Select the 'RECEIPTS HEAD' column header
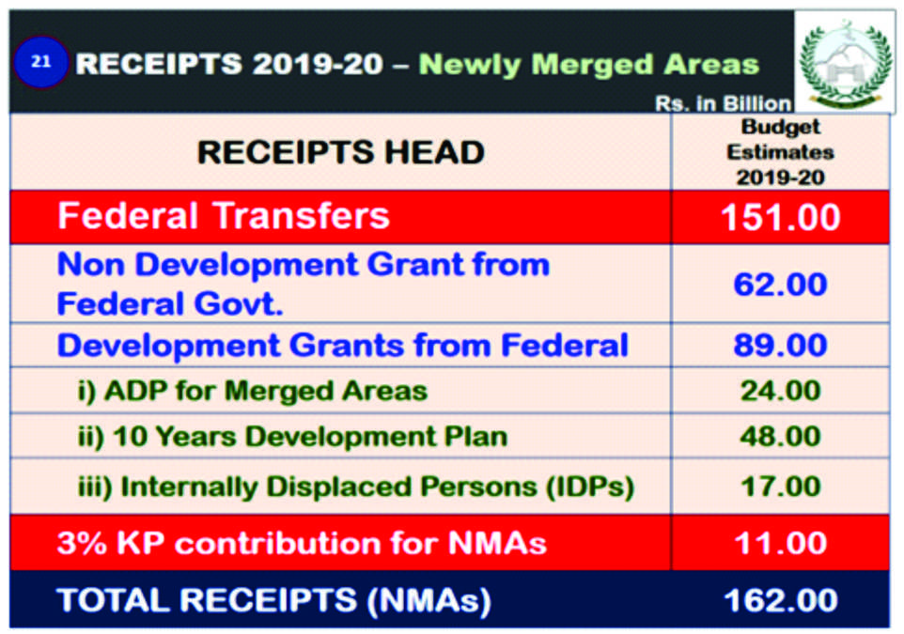coord(340,152)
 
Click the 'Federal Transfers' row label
coord(224,216)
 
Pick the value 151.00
coord(780,218)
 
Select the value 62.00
coord(780,284)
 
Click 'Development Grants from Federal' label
coord(342,345)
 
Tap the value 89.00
coord(780,345)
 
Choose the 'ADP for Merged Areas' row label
coord(253,390)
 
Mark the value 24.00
coord(780,390)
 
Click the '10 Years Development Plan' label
coord(292,437)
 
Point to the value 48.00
coord(780,437)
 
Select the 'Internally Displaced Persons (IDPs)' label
coord(356,487)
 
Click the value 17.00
coord(780,487)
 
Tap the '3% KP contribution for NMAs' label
coord(302,543)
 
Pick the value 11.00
coord(780,543)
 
